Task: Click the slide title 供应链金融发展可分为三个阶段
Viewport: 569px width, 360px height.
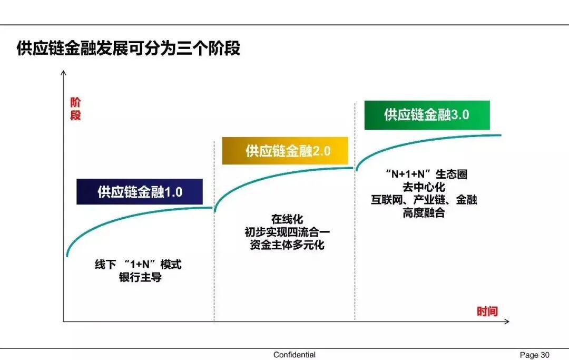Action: tap(129, 48)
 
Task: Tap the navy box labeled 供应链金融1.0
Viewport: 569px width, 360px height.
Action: tap(140, 192)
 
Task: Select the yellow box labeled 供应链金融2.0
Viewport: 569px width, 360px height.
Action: tap(285, 151)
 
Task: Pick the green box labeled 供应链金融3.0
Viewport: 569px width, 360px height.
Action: tap(427, 115)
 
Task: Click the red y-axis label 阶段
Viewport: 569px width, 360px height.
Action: tap(75, 109)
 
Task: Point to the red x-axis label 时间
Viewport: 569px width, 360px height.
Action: tap(487, 312)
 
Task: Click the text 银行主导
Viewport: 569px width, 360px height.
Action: tap(140, 277)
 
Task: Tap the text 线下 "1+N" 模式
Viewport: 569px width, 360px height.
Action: tap(138, 265)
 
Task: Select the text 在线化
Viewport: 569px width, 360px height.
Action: tap(287, 219)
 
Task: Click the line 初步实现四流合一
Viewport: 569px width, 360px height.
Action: tap(287, 232)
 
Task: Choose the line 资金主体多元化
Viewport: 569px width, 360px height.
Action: tap(287, 245)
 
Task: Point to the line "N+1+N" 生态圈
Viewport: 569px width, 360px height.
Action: tap(426, 174)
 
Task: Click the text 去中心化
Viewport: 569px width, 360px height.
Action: tap(424, 187)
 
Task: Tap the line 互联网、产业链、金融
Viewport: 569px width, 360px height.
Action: tap(424, 200)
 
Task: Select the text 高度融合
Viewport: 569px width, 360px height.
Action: tap(424, 213)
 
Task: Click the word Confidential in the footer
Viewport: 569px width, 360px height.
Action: tap(295, 355)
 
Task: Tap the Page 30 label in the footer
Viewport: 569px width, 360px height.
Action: tap(534, 355)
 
